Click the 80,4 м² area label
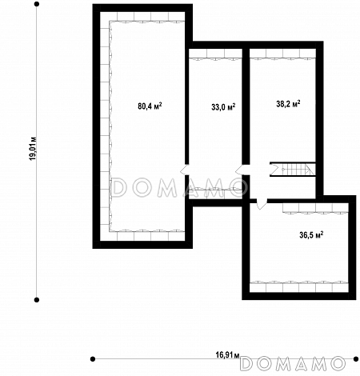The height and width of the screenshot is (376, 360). pyautogui.click(x=150, y=106)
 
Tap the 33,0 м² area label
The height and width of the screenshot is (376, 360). pyautogui.click(x=223, y=107)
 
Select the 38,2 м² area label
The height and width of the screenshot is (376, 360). pyautogui.click(x=288, y=103)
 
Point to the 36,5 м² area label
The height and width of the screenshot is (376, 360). pyautogui.click(x=311, y=235)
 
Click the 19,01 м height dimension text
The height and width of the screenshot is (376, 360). pyautogui.click(x=34, y=149)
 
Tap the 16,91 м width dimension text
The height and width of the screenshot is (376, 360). pyautogui.click(x=227, y=355)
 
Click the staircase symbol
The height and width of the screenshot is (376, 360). pyautogui.click(x=292, y=169)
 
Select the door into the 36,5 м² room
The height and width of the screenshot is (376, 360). pyautogui.click(x=262, y=203)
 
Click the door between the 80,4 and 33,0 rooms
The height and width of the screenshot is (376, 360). pyautogui.click(x=185, y=170)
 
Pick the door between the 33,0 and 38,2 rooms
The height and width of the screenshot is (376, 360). pyautogui.click(x=242, y=170)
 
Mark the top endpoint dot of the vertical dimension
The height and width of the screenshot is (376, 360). pyautogui.click(x=37, y=4)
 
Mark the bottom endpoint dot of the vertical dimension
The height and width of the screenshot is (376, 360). pyautogui.click(x=37, y=300)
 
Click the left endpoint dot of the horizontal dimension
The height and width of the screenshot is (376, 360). pyautogui.click(x=93, y=359)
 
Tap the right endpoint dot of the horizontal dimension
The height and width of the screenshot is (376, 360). pyautogui.click(x=356, y=359)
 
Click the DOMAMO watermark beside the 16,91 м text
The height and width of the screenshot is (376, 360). pyautogui.click(x=293, y=363)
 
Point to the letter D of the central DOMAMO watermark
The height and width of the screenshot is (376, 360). pyautogui.click(x=118, y=187)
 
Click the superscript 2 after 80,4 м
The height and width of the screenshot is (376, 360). pyautogui.click(x=161, y=104)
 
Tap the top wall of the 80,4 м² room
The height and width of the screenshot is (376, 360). pyautogui.click(x=142, y=8)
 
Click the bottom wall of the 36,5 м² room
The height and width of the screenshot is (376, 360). pyautogui.click(x=299, y=296)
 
